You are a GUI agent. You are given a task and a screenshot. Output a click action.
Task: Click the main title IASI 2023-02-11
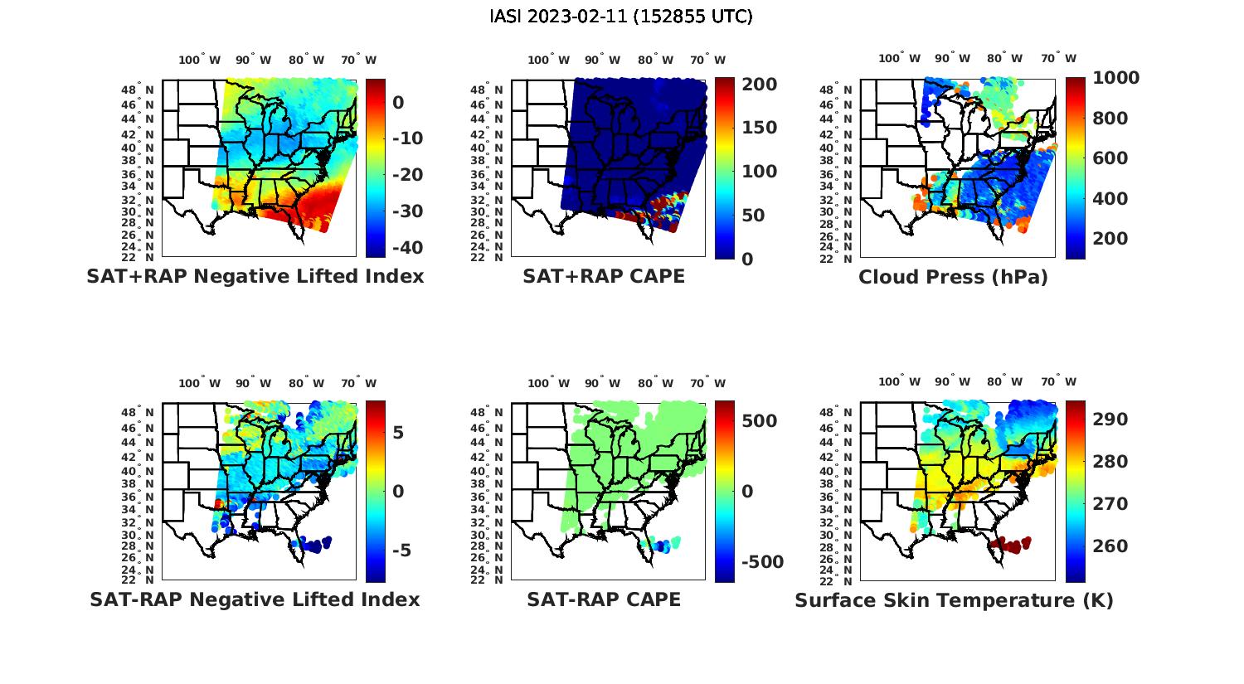pos(621,17)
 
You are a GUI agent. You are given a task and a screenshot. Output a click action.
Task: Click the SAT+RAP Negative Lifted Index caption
pos(255,277)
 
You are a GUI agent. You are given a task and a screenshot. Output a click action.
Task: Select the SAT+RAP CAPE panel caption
pos(604,277)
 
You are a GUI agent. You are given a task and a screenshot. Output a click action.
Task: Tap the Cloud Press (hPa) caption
pos(953,278)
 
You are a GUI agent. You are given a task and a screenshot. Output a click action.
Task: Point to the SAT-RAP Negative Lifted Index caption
pos(255,600)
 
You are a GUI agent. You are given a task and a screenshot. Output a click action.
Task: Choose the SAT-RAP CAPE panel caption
pos(604,600)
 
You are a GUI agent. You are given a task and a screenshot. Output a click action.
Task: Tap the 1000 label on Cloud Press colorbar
pos(1115,78)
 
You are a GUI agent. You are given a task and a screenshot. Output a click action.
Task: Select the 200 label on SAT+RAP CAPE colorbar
pos(759,85)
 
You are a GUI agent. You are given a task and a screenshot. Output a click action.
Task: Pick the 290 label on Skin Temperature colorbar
pos(1110,420)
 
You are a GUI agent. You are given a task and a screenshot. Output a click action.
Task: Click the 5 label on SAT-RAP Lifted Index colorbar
pos(398,433)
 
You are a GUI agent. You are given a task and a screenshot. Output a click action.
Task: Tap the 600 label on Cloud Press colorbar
pos(1110,158)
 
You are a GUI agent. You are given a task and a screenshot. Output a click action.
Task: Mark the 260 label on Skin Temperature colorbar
pos(1110,546)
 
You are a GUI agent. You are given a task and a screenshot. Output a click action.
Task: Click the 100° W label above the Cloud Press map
pos(900,59)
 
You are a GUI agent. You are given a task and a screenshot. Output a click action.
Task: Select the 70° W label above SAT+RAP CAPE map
pos(707,61)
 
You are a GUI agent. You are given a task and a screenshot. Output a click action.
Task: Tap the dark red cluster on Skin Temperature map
pos(1008,546)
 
